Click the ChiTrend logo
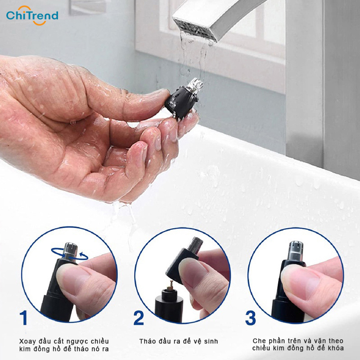pyautogui.click(x=32, y=16)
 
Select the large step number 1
pyautogui.click(x=24, y=318)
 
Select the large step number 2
pyautogui.click(x=139, y=318)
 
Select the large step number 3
pyautogui.click(x=251, y=318)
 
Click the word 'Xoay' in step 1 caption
pyautogui.click(x=28, y=341)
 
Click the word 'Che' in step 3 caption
pyautogui.click(x=258, y=341)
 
